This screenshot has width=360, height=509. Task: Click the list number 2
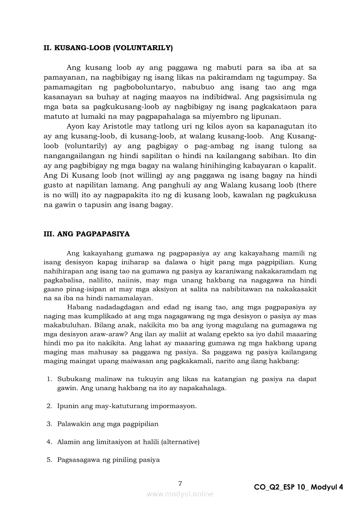49,406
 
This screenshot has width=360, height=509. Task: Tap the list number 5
49,459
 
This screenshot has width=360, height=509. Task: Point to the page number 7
180,483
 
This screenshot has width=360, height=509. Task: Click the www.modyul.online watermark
180,494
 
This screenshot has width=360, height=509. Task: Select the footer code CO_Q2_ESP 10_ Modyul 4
299,487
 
